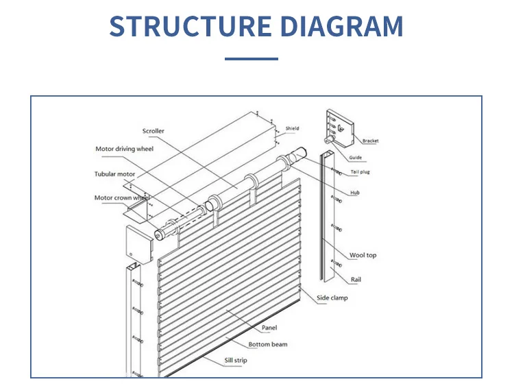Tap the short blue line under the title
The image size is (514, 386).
(252, 59)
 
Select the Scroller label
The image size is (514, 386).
(154, 131)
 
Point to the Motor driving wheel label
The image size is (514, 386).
(124, 149)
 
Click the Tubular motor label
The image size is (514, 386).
(114, 174)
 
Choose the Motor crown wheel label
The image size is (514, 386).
(121, 197)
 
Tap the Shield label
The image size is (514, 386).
(293, 128)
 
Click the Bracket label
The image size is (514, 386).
(370, 141)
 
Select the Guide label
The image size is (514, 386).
(355, 158)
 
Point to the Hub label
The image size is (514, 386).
(355, 193)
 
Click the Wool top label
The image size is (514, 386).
(363, 255)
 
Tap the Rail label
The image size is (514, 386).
(356, 280)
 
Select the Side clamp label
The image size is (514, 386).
(332, 298)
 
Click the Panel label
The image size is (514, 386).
(269, 328)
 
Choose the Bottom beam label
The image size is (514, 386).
(268, 344)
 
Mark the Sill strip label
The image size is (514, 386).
(236, 360)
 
